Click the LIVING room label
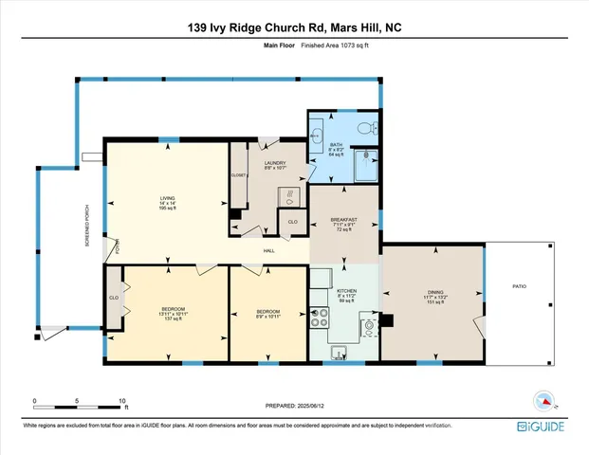(x=167, y=198)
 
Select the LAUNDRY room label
(x=262, y=163)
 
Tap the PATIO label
(x=519, y=286)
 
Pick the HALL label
(x=270, y=249)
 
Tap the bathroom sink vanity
(x=316, y=136)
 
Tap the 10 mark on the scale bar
(x=121, y=400)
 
